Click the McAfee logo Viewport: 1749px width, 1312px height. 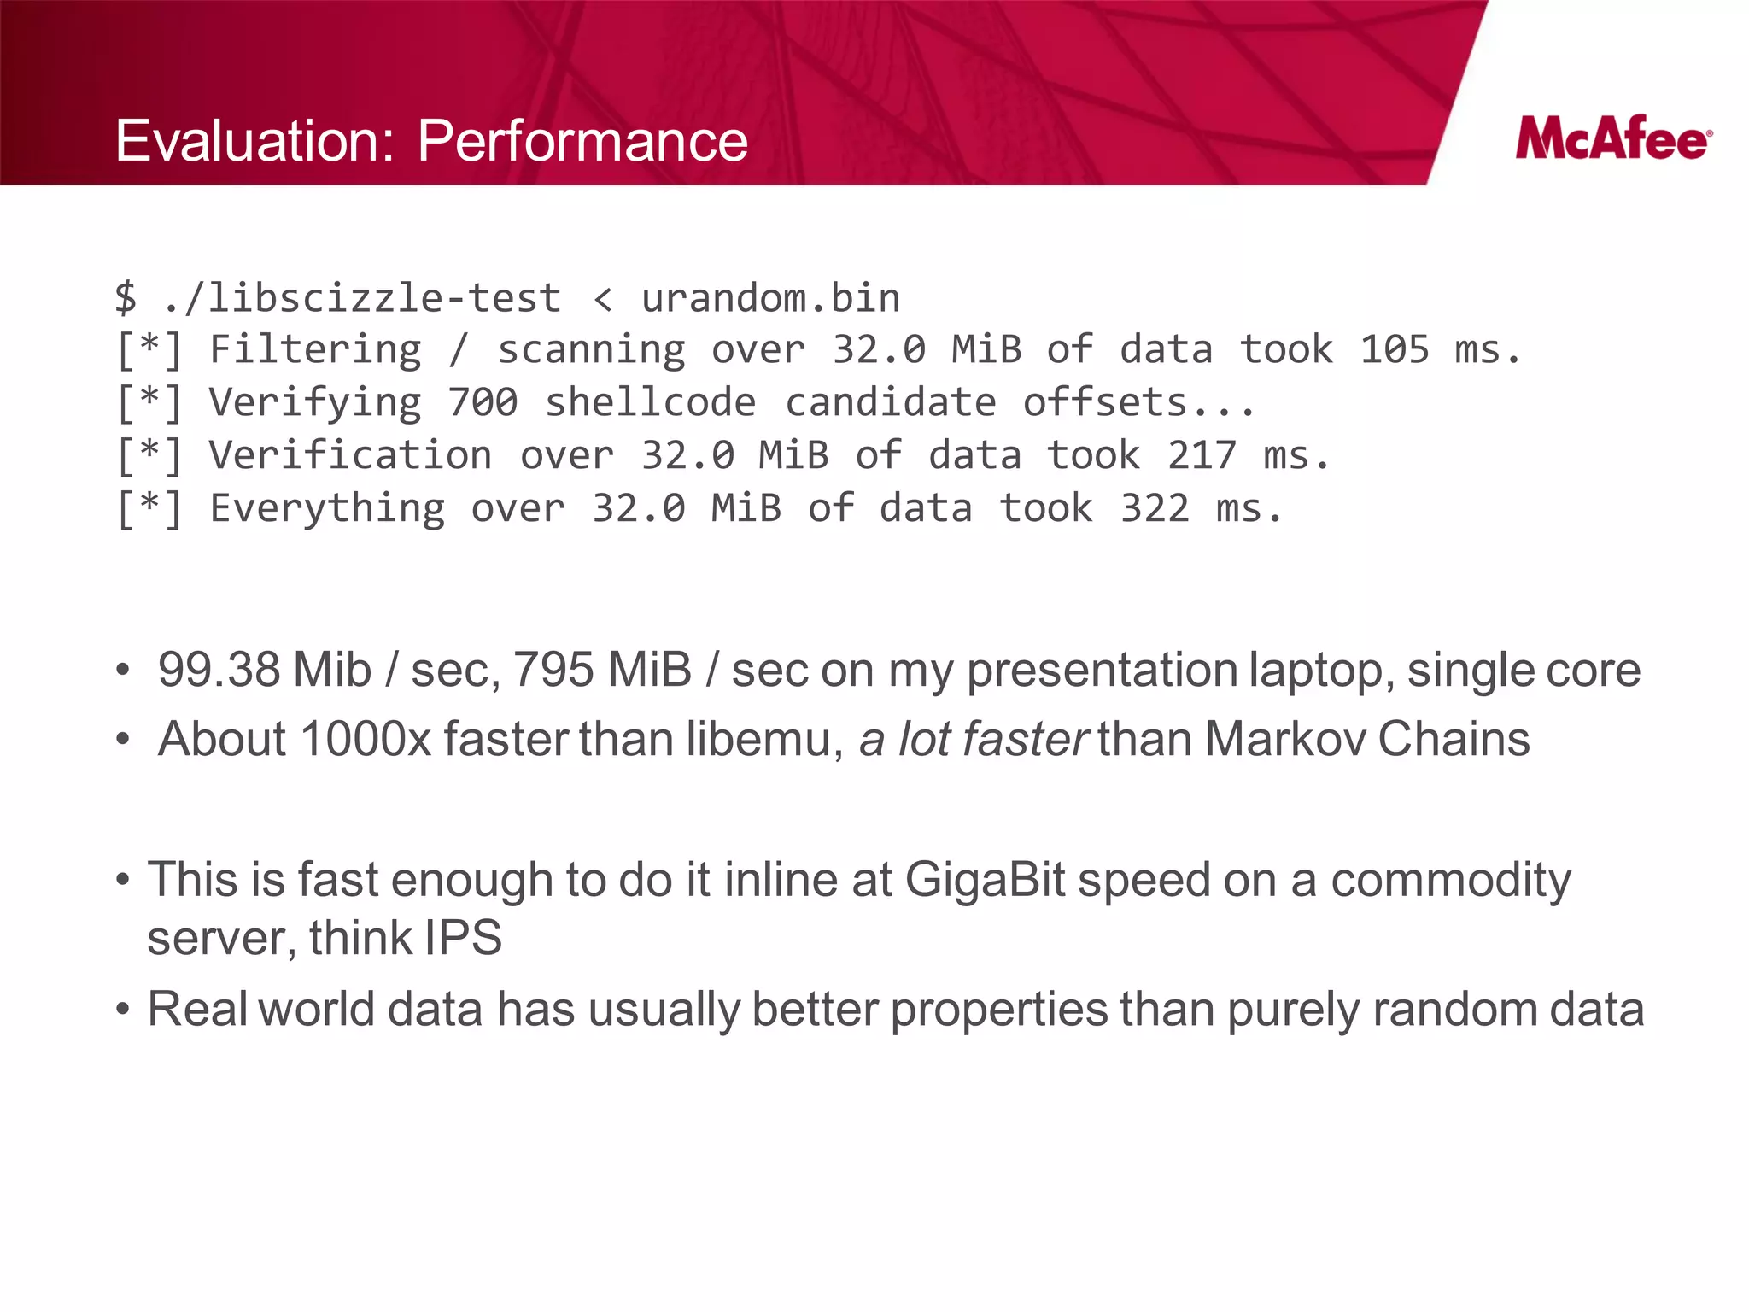[1612, 139]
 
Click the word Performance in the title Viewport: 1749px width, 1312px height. [582, 141]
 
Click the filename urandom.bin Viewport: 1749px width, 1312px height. [770, 298]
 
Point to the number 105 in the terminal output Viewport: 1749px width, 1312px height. [1394, 350]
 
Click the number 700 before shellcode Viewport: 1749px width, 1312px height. [483, 402]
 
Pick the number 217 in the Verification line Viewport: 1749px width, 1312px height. [1202, 455]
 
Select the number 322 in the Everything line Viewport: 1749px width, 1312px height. [1155, 508]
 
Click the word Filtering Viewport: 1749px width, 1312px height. [315, 350]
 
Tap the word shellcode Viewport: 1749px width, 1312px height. [650, 402]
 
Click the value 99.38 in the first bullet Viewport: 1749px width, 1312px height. [219, 670]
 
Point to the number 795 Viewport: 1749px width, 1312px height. [553, 670]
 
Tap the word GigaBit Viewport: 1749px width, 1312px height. [985, 880]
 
